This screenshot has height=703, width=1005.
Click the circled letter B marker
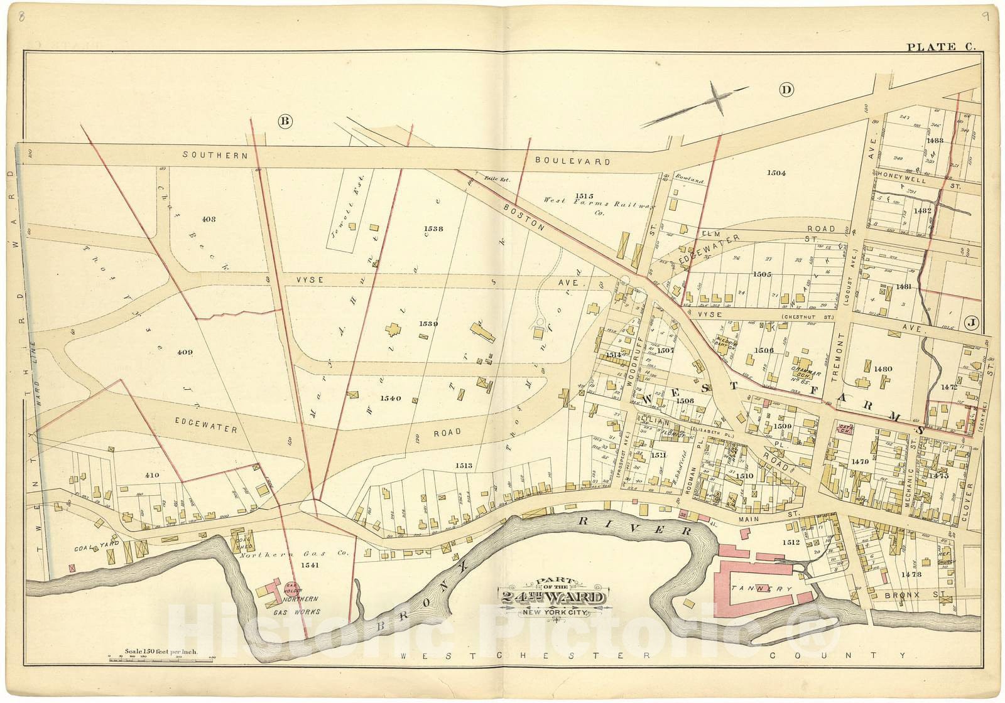coord(285,122)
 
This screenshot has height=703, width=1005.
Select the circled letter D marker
coord(785,90)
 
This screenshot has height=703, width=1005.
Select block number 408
coord(209,219)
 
